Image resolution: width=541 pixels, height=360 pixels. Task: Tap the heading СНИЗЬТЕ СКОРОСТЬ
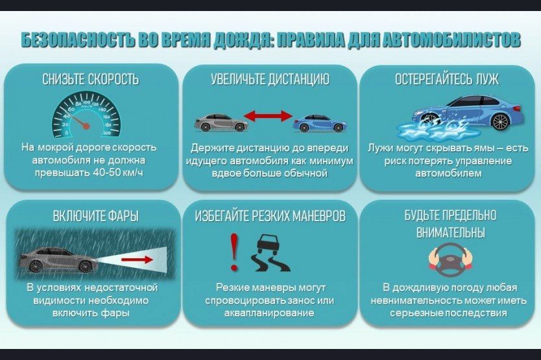tap(90, 80)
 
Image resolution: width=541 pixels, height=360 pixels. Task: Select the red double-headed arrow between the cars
tap(267, 117)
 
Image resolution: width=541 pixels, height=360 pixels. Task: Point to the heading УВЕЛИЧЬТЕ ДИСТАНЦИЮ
tap(270, 80)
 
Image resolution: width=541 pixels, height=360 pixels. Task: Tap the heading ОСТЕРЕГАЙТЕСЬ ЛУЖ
tap(447, 80)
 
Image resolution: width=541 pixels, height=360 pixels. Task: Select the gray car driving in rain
tap(58, 259)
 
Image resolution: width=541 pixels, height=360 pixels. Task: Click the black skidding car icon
tap(269, 254)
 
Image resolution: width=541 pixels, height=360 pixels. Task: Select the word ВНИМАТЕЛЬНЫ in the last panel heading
tap(450, 232)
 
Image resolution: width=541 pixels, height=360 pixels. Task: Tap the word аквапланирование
tap(269, 313)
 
